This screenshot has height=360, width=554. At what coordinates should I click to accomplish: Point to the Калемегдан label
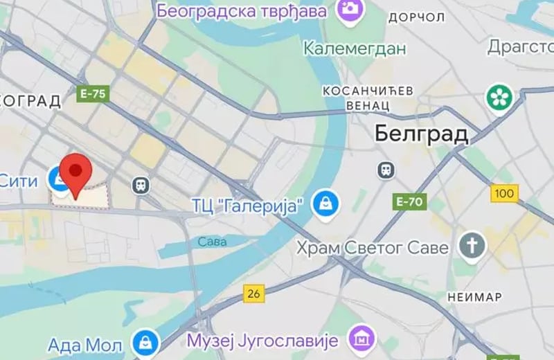tap(354, 48)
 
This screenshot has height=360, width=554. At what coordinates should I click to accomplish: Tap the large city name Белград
tap(421, 134)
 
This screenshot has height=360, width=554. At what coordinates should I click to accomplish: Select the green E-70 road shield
tap(411, 201)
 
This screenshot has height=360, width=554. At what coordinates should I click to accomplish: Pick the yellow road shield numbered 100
tap(505, 193)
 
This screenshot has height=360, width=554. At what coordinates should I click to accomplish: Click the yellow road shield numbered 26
tap(254, 294)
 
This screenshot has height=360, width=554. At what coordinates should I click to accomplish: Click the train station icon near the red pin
tap(141, 185)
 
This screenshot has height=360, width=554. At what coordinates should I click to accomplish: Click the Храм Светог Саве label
tap(373, 247)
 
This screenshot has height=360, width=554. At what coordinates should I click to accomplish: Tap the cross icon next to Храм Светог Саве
tap(473, 246)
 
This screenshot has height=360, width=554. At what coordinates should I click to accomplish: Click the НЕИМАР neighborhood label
tap(475, 296)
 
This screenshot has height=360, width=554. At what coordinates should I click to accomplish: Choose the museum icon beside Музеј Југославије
tap(361, 339)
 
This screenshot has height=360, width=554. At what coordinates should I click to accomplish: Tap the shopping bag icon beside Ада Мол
tap(146, 343)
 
